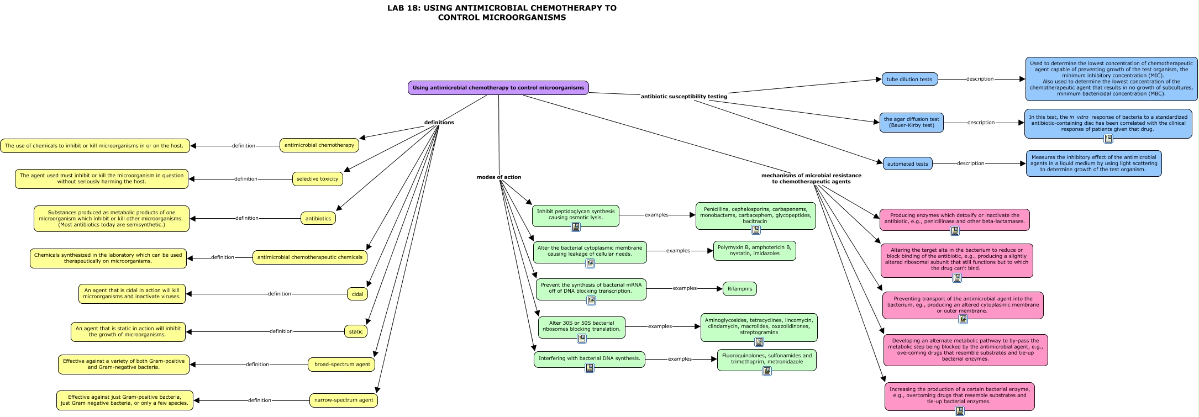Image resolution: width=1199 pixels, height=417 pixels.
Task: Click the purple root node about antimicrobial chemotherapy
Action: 498,88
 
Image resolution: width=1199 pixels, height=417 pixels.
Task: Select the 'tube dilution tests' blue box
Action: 909,80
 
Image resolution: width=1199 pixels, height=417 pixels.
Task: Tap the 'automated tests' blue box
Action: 907,164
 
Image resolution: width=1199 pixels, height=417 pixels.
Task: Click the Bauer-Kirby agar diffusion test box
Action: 911,123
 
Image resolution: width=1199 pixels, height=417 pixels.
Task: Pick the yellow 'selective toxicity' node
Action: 317,179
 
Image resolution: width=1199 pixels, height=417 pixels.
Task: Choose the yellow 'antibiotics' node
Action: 318,219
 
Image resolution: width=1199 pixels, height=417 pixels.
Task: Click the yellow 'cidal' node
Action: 357,294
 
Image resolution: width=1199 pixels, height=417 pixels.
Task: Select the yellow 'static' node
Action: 356,332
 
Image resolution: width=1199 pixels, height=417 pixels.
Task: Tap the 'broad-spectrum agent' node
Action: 342,365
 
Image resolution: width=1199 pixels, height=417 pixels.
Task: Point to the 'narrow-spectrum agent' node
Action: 344,400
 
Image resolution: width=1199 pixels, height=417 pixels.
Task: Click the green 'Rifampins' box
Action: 740,289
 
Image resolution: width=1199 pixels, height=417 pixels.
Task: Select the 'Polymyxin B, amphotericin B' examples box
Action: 754,251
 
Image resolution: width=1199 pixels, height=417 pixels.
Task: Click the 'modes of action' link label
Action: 499,177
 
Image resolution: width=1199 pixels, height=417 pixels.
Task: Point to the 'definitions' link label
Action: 439,123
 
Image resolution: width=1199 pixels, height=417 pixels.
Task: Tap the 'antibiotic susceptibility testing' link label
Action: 683,97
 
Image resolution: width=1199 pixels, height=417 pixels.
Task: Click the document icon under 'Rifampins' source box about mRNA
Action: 591,300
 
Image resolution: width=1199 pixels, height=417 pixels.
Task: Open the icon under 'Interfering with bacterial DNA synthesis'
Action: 590,368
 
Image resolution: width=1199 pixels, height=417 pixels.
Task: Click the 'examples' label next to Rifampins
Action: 685,288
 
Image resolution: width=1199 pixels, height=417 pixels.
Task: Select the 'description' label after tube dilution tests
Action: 980,79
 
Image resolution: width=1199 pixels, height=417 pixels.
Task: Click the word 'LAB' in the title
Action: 396,8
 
